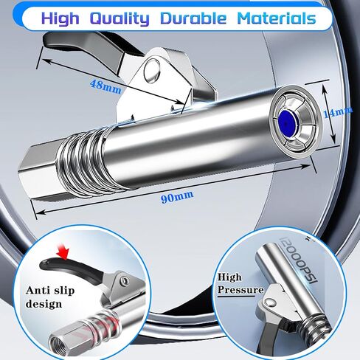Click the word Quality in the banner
tap(120, 18)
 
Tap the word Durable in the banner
tap(193, 18)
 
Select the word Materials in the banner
tap(277, 18)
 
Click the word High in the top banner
tap(60, 18)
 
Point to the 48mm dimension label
tap(105, 86)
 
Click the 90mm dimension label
tap(177, 197)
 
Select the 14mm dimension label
tap(338, 112)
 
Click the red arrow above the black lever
tap(63, 252)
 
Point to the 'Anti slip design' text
tap(50, 297)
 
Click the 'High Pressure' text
tap(240, 283)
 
